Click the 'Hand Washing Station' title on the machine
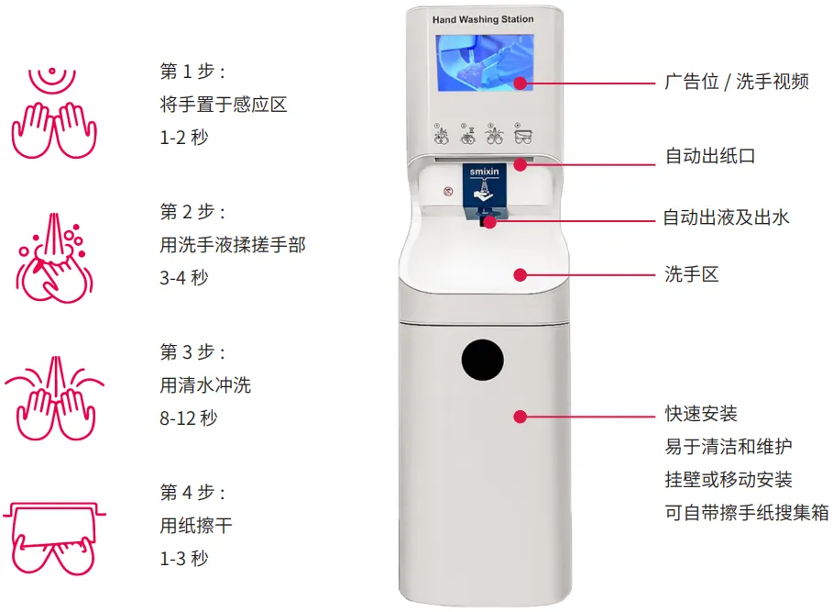pos(482,19)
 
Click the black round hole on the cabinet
pos(483,361)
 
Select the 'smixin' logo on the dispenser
pos(482,170)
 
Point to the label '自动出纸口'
pos(710,156)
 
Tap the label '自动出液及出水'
pos(726,217)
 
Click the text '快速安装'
pos(701,415)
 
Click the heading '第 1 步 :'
pos(192,72)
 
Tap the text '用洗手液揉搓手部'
pos(233,244)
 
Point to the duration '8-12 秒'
pos(189,417)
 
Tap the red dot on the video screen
pos(520,83)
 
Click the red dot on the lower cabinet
pos(520,416)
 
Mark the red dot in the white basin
pos(520,274)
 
